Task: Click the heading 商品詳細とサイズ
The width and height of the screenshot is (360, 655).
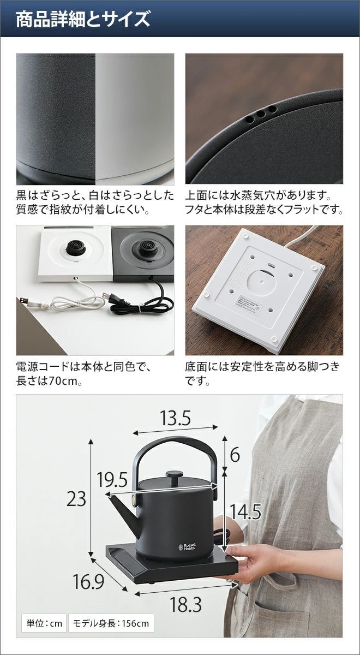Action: pyautogui.click(x=82, y=20)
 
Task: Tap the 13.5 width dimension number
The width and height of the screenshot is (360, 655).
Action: pyautogui.click(x=175, y=418)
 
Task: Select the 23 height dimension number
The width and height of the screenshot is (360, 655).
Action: pyautogui.click(x=76, y=498)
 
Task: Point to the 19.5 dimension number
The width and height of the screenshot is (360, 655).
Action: pyautogui.click(x=112, y=480)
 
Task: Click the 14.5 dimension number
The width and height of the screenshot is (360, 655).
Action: pyautogui.click(x=245, y=511)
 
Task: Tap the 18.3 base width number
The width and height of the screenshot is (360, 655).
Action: pyautogui.click(x=185, y=605)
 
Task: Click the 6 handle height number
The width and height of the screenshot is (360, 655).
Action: pyautogui.click(x=235, y=455)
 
